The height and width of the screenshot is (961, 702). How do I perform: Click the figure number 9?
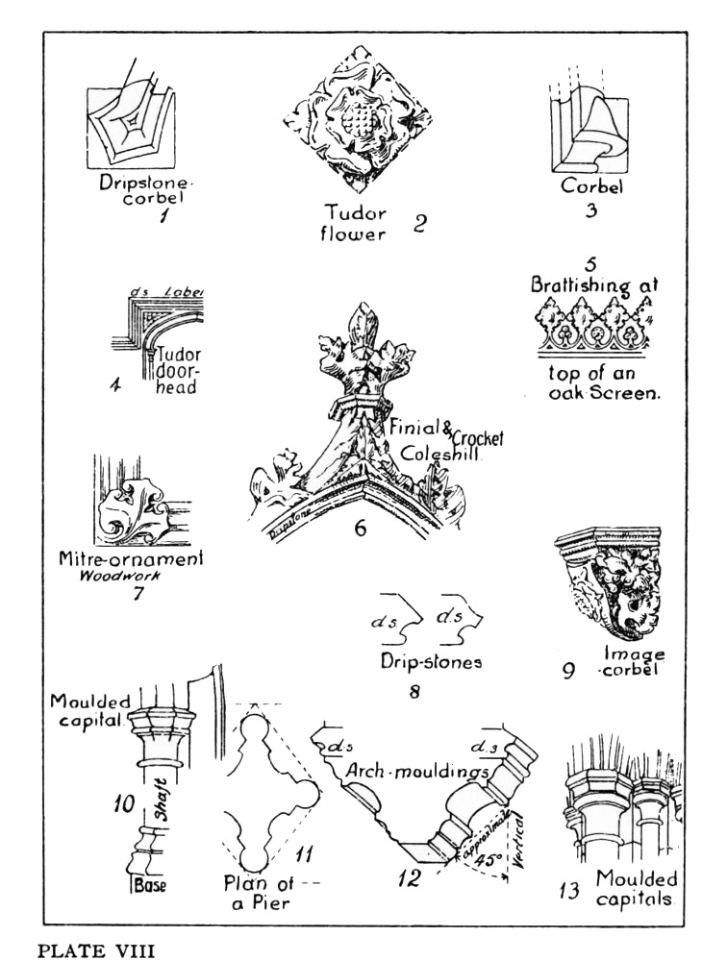pos(569,670)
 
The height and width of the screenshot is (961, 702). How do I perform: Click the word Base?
pos(150,882)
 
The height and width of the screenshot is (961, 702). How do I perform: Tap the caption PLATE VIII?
pos(86,949)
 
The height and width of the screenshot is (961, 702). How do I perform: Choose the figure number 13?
pos(569,891)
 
